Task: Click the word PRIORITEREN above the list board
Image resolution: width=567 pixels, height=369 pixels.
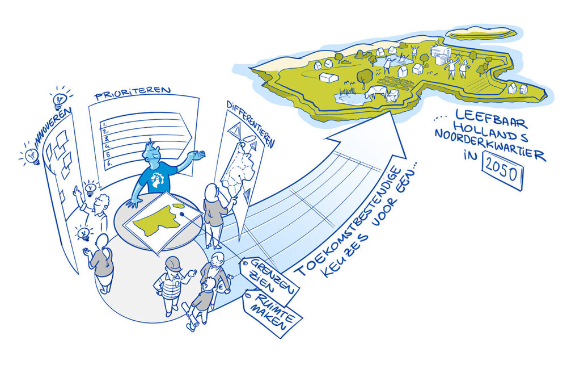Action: (x=132, y=93)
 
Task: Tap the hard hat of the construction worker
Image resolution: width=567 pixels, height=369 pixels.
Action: (x=174, y=263)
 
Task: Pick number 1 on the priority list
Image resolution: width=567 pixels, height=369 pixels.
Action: (x=104, y=124)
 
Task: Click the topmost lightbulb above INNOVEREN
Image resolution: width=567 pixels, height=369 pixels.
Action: (x=60, y=99)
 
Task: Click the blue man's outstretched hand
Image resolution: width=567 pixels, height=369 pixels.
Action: (x=199, y=154)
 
